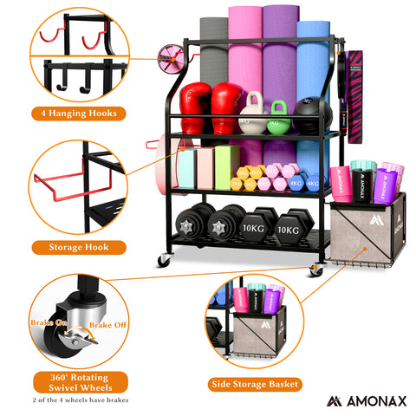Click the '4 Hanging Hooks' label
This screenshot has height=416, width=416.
click(77, 113)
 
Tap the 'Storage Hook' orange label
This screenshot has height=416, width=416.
click(79, 247)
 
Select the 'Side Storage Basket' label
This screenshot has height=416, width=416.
click(256, 382)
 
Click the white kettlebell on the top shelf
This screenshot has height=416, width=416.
click(251, 116)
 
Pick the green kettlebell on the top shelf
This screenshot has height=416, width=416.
click(278, 116)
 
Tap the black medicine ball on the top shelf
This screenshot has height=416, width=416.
click(308, 116)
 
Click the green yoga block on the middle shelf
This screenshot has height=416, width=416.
click(227, 166)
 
